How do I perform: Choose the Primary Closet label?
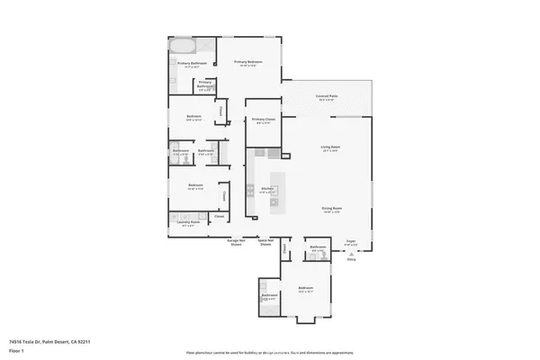pyautogui.click(x=264, y=121)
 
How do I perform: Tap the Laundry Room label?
pyautogui.click(x=189, y=223)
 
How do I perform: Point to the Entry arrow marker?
pyautogui.click(x=351, y=255)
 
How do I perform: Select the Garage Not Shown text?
pyautogui.click(x=236, y=243)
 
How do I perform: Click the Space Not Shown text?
pyautogui.click(x=265, y=243)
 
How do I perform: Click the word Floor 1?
pyautogui.click(x=16, y=350)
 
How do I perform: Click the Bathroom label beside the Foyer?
pyautogui.click(x=318, y=247)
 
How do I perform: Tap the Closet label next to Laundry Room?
pyautogui.click(x=219, y=217)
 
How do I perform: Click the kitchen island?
pyautogui.click(x=274, y=190)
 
